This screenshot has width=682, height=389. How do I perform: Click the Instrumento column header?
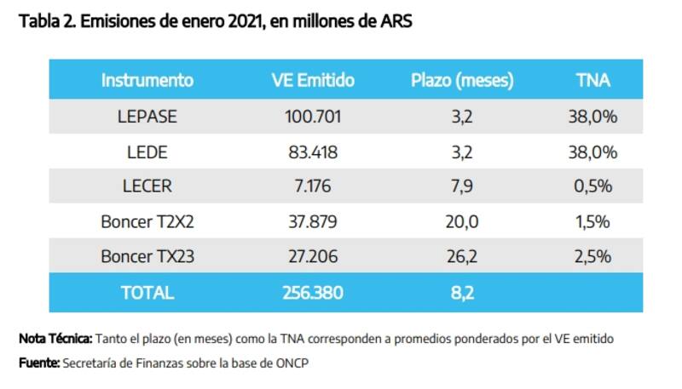coord(147,81)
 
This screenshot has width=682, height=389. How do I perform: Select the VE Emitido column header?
coord(312,81)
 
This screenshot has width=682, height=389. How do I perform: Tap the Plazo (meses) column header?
coord(462,81)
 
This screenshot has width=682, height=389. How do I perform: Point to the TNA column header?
coord(593,81)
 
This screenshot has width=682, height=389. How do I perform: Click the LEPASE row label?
coord(147,117)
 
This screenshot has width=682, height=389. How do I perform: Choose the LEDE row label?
coord(147,152)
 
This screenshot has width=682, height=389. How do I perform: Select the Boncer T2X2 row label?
coord(147,222)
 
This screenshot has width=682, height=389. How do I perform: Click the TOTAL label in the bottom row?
coord(147,292)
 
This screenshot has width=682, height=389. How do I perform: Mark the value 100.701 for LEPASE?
coord(312,117)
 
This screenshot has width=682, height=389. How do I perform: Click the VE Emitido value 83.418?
coord(312,152)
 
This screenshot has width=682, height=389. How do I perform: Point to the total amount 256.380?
coord(312,292)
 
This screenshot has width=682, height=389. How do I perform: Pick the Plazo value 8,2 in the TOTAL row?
coord(462,292)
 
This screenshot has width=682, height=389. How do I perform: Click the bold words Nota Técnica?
coord(55,339)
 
